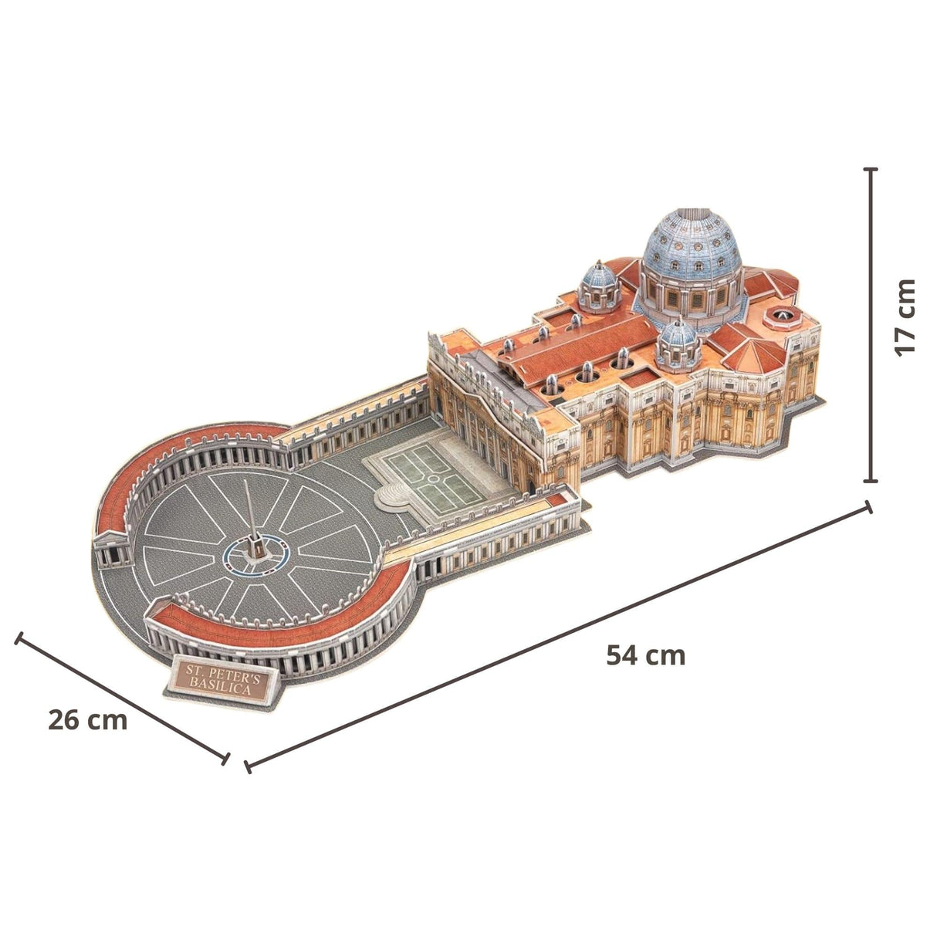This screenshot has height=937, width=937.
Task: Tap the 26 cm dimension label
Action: pos(87,720)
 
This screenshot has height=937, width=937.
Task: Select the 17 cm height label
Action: pos(904,317)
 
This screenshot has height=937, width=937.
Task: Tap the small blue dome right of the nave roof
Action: pos(678,345)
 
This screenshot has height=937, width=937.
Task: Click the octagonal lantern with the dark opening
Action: pos(783,316)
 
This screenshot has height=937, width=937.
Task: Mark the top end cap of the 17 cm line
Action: pos(871,169)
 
